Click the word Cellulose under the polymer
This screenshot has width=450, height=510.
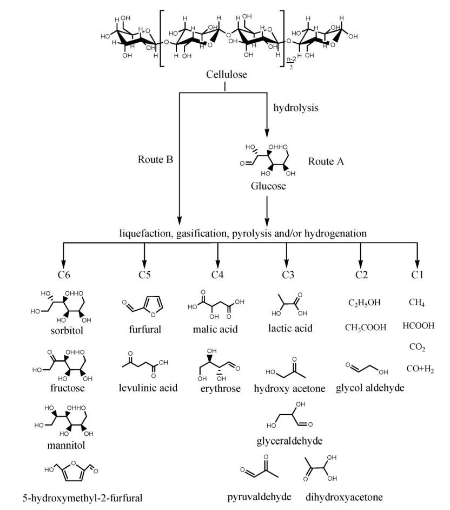click(225, 74)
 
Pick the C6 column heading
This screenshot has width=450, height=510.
click(64, 275)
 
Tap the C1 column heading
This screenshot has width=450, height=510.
click(416, 275)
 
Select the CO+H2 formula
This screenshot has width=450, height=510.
click(420, 369)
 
